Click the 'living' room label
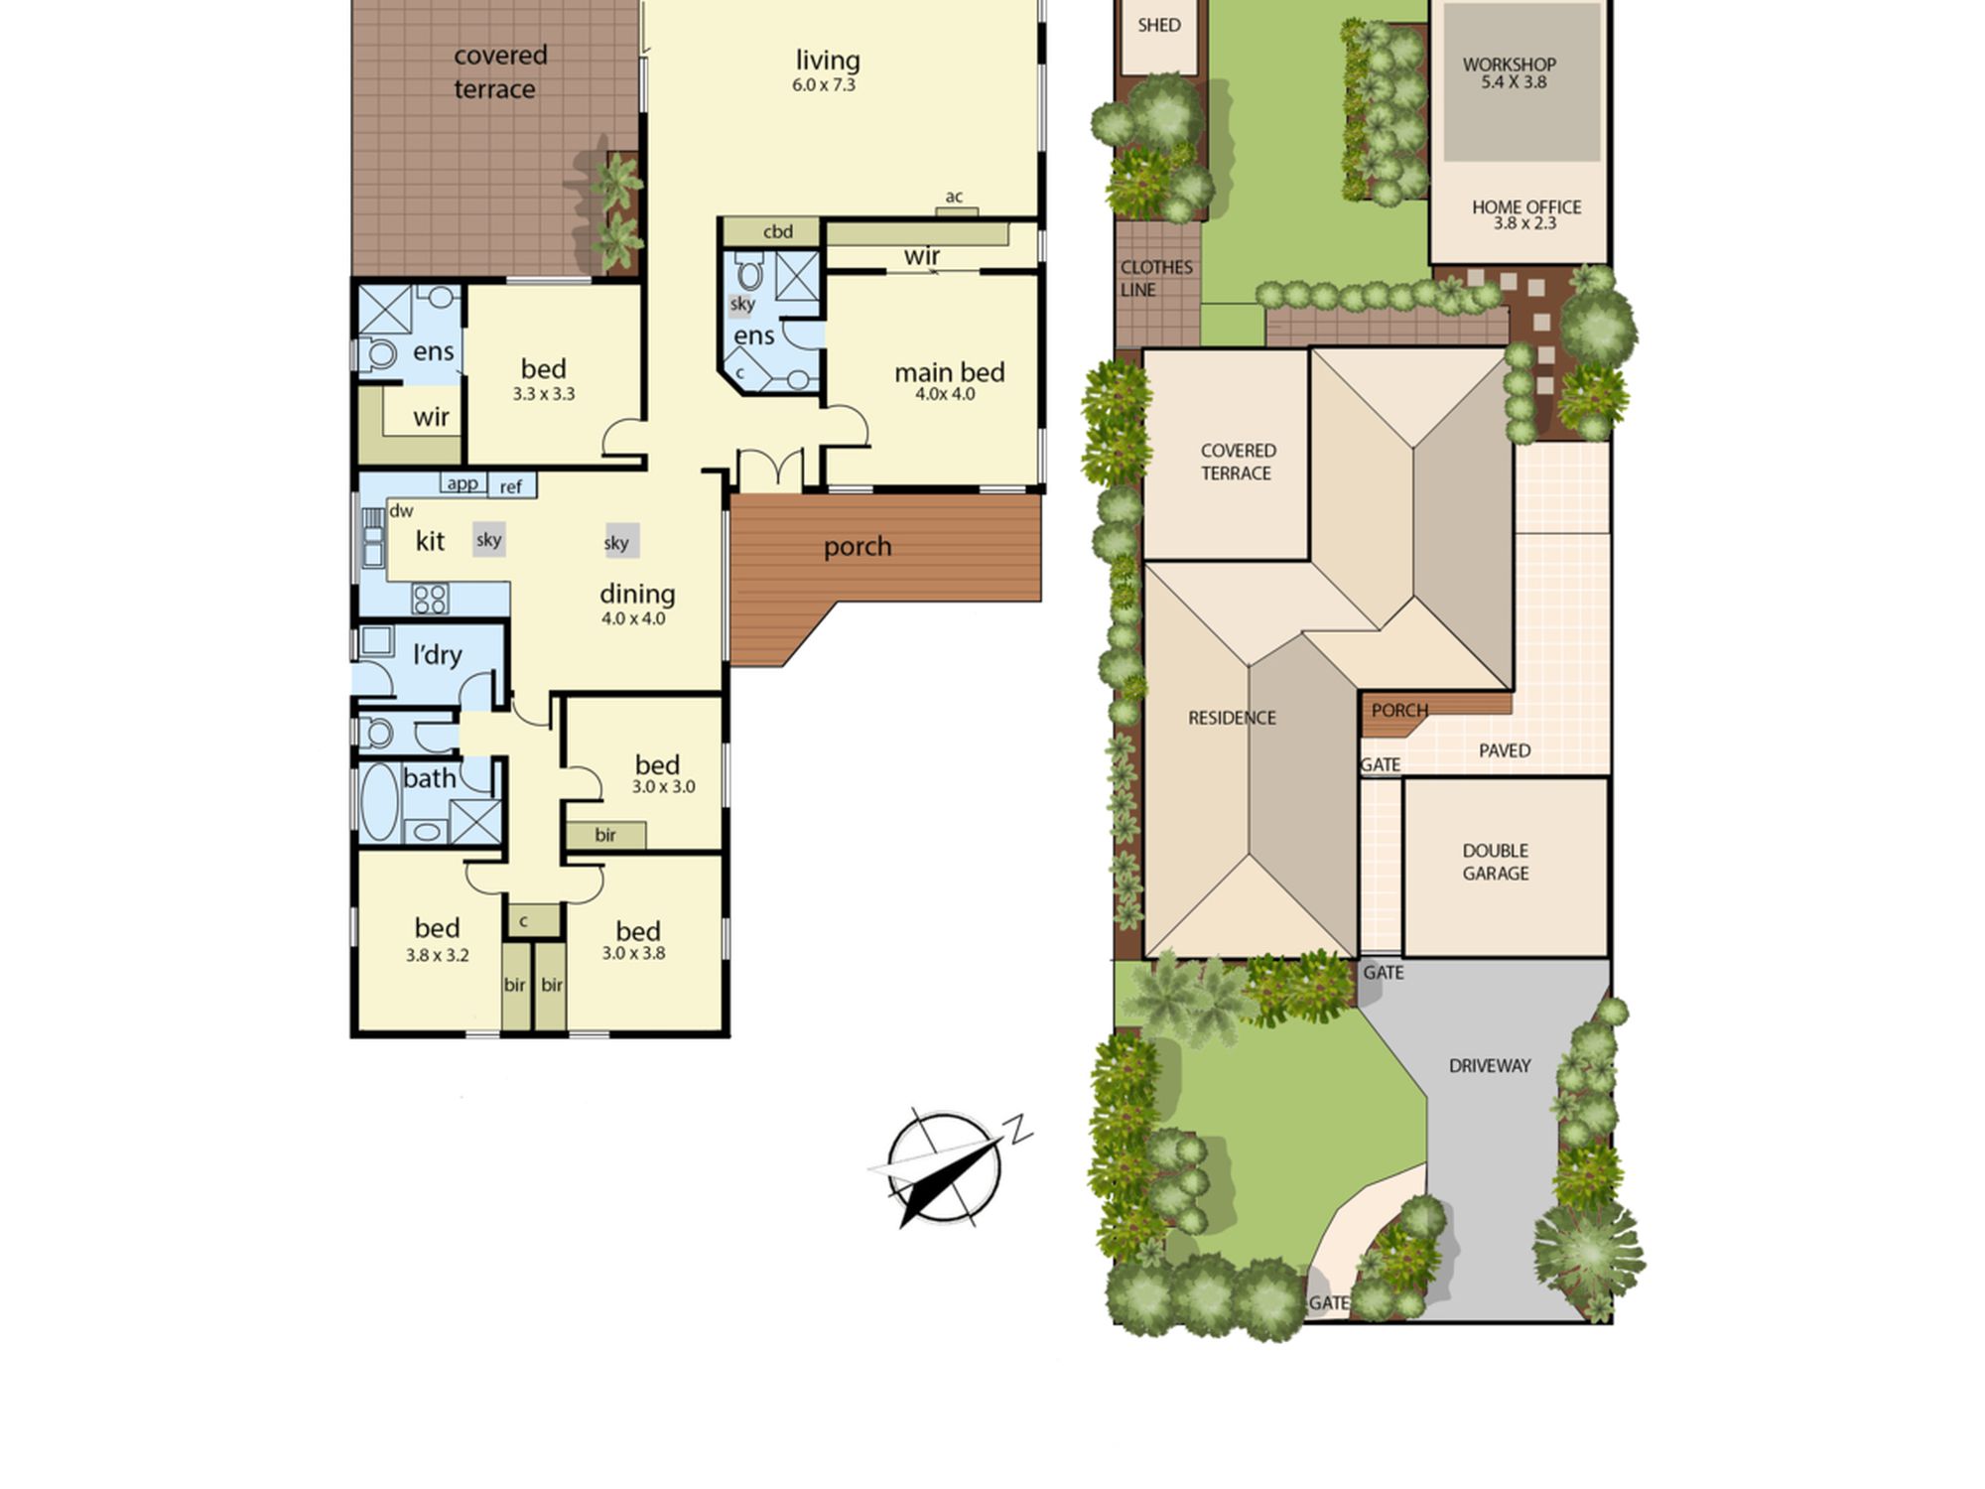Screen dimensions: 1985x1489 coord(827,61)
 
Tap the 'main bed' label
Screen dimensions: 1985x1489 coord(949,372)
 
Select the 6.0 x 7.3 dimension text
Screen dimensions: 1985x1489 coord(824,85)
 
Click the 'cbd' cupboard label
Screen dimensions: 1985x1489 coord(778,231)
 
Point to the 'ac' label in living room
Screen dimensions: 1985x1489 coord(954,197)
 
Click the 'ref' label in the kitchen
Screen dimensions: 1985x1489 coord(510,486)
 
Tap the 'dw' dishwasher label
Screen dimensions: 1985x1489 coord(401,511)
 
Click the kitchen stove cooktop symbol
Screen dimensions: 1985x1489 coord(430,599)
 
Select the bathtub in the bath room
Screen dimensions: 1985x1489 coord(379,801)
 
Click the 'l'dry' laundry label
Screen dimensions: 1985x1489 coord(438,654)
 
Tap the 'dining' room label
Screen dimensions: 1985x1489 coord(637,594)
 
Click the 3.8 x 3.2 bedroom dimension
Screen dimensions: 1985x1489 coord(437,955)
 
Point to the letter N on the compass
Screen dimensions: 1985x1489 coord(1019,1130)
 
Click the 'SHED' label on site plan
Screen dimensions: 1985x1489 coord(1159,25)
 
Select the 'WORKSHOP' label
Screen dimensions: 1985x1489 coord(1509,65)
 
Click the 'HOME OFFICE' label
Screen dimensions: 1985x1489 coord(1526,206)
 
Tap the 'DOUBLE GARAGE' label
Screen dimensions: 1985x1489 coord(1496,862)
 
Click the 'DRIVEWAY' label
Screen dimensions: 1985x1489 coord(1490,1066)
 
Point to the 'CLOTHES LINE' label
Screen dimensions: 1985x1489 coord(1156,278)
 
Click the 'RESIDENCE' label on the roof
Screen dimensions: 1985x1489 coord(1232,718)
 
